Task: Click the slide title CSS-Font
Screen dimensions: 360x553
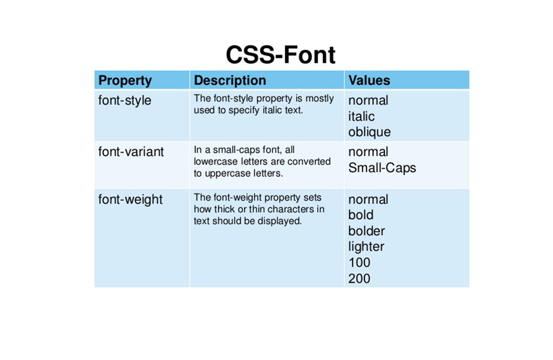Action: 280,55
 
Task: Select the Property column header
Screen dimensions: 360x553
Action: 125,81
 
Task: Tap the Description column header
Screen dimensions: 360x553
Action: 230,81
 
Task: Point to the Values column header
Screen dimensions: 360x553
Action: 369,81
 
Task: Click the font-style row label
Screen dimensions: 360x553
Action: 125,100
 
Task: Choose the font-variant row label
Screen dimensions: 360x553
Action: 131,152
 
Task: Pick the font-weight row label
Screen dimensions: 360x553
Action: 130,199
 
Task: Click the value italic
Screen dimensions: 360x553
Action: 361,116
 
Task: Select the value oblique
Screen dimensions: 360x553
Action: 369,132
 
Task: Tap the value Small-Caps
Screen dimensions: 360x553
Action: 382,168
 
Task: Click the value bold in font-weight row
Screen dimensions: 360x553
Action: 361,215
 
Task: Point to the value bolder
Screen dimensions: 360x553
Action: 366,231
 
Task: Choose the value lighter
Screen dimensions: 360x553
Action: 366,246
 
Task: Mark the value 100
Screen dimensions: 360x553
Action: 359,262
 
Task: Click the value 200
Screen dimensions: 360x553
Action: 359,278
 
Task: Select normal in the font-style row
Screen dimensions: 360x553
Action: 368,100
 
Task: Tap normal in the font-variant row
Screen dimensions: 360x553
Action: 368,152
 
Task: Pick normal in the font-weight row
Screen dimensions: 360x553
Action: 368,199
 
